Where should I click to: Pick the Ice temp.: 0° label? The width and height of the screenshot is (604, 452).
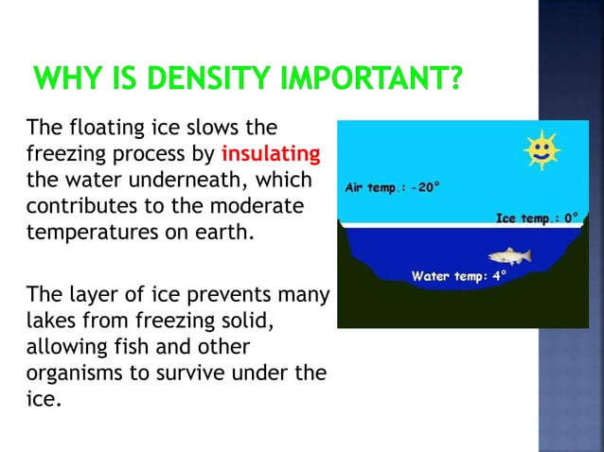click(537, 218)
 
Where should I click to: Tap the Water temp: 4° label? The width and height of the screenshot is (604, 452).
click(459, 276)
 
